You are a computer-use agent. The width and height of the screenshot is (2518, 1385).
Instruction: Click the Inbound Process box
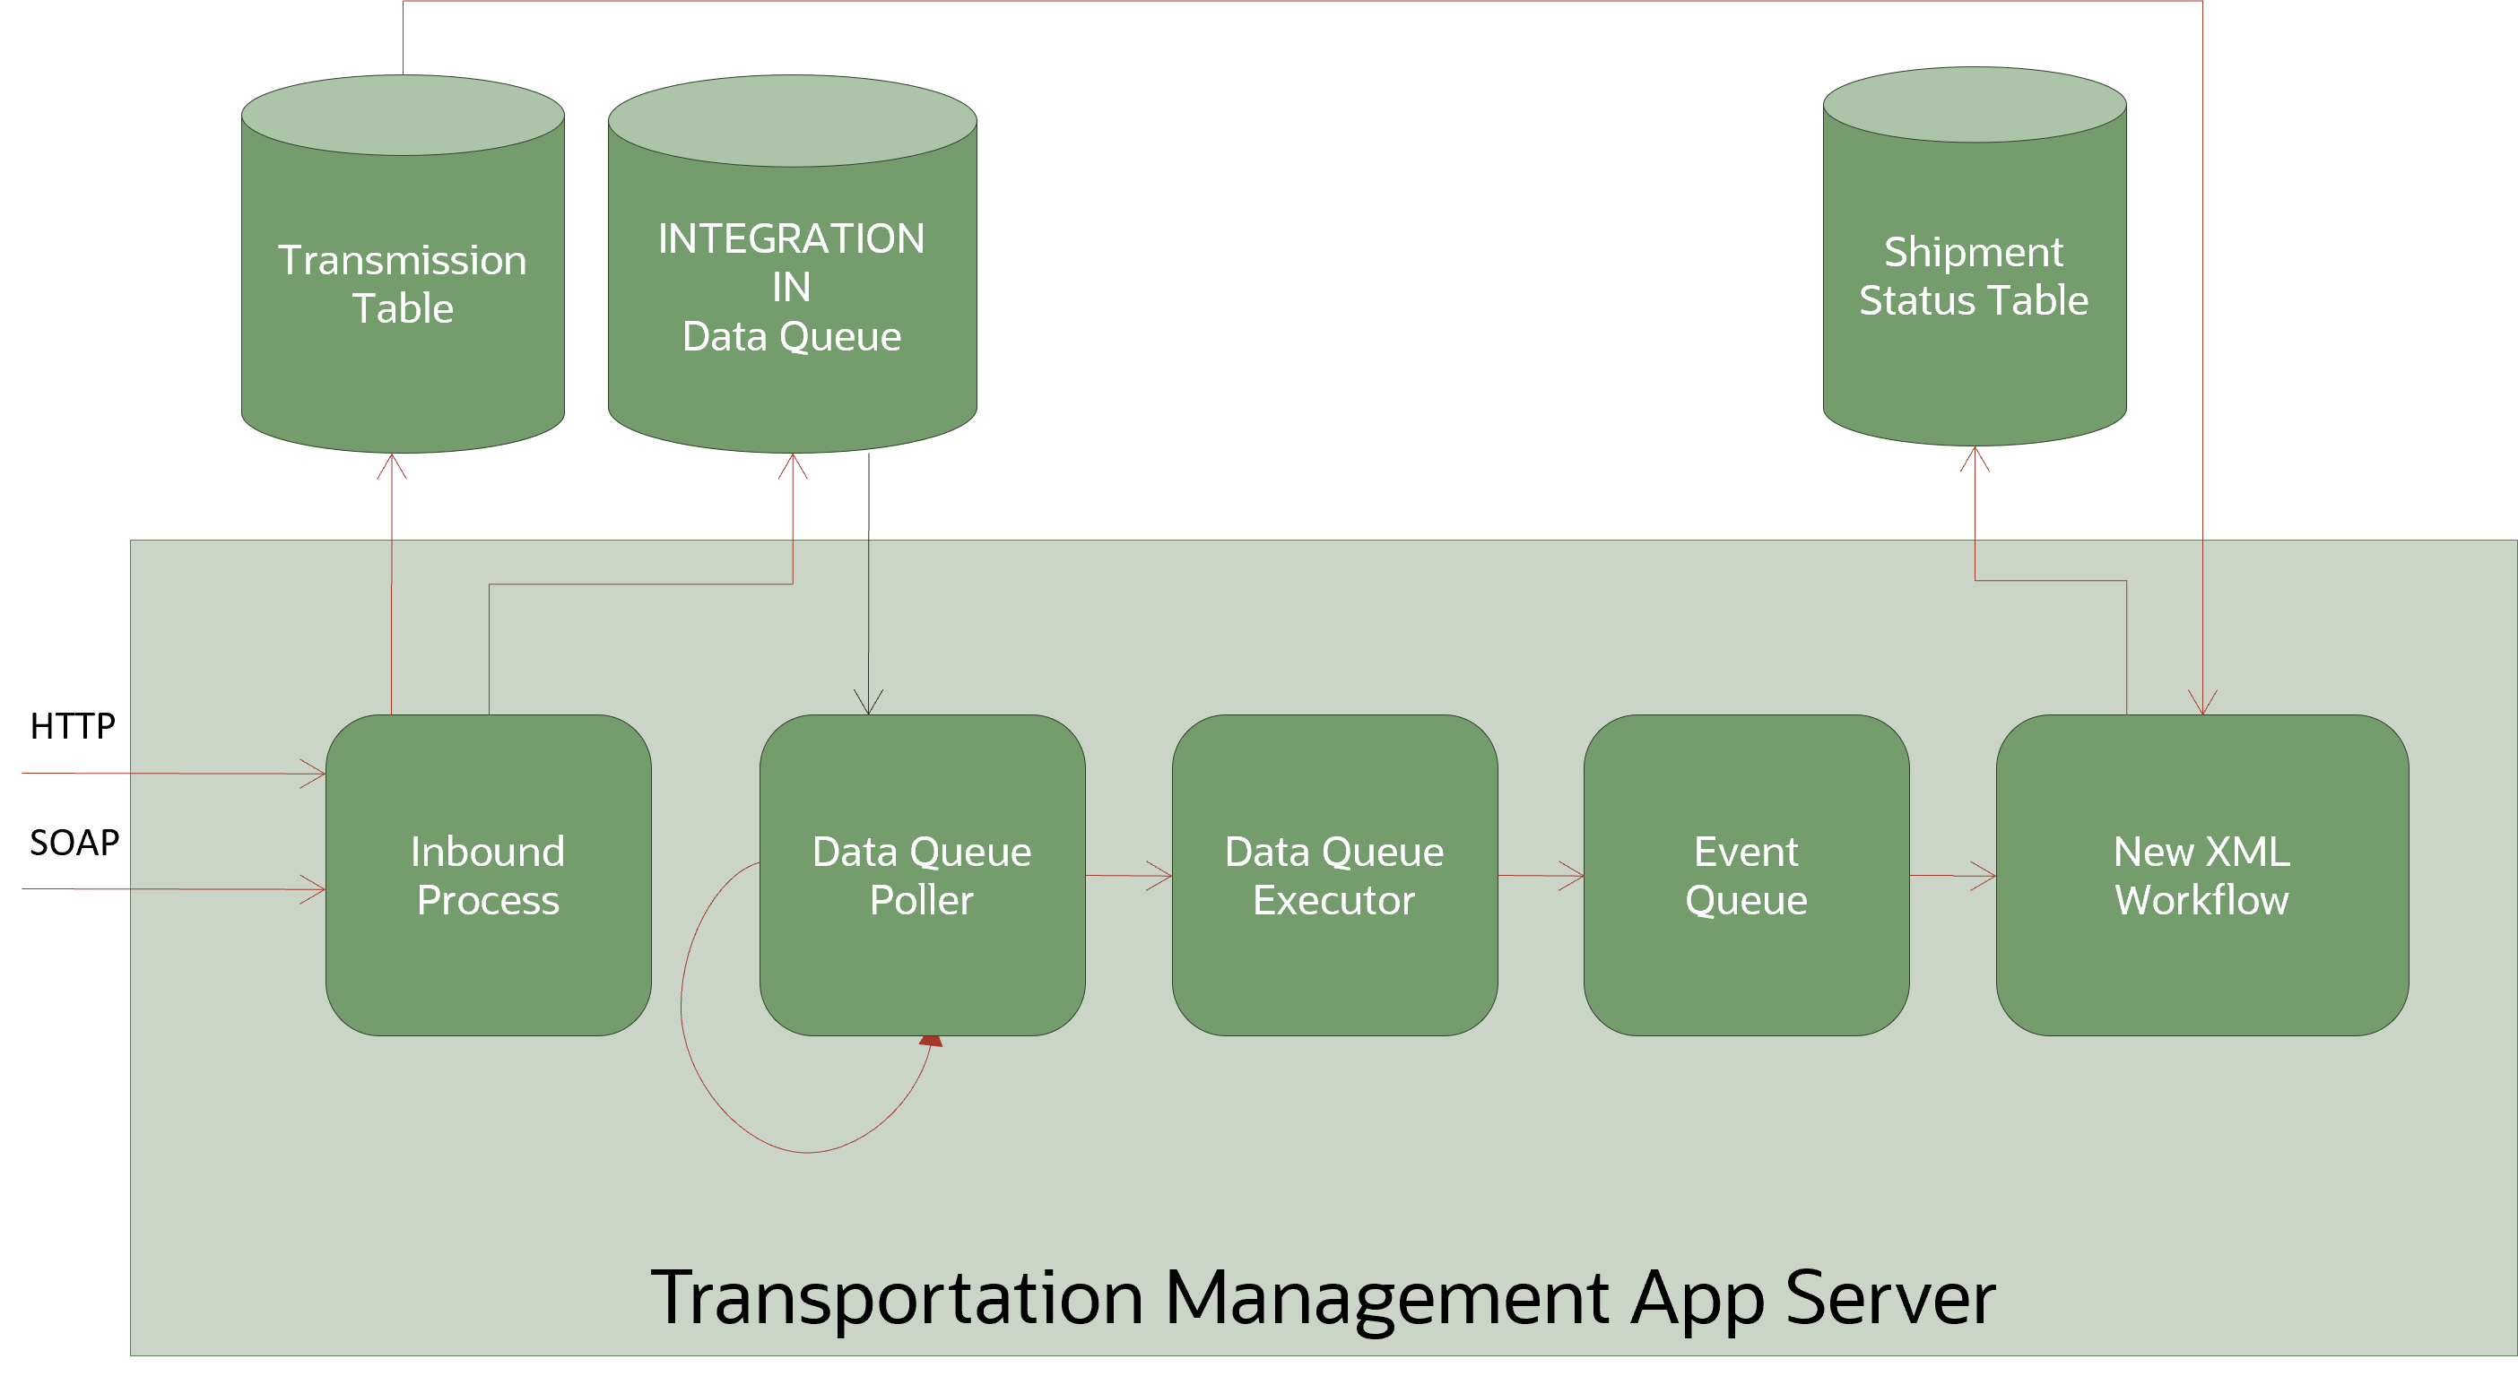pyautogui.click(x=488, y=875)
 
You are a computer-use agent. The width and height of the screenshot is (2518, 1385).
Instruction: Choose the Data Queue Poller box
pyautogui.click(x=922, y=875)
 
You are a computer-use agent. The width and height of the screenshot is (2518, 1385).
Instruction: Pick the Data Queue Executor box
pyautogui.click(x=1334, y=875)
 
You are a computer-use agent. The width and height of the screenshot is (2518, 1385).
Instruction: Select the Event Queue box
pyautogui.click(x=1746, y=875)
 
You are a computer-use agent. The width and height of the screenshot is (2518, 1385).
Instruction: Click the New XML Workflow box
pyautogui.click(x=2201, y=875)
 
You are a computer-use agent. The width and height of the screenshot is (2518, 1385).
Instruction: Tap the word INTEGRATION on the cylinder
pyautogui.click(x=791, y=238)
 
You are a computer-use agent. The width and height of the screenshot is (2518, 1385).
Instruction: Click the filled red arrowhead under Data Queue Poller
pyautogui.click(x=932, y=1042)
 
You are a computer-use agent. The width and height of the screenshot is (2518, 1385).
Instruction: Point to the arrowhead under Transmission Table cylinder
pyautogui.click(x=392, y=464)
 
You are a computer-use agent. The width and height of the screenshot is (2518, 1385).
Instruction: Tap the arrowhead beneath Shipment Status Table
pyautogui.click(x=1975, y=457)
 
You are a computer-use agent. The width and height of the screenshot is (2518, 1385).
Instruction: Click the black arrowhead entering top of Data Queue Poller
pyautogui.click(x=868, y=704)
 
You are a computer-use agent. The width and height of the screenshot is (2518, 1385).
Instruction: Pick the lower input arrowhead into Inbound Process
pyautogui.click(x=315, y=889)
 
